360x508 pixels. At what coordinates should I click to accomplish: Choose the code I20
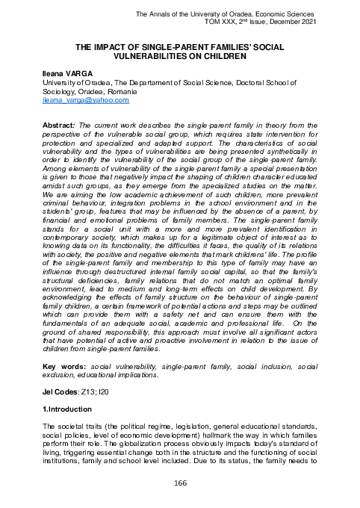[110, 392]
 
